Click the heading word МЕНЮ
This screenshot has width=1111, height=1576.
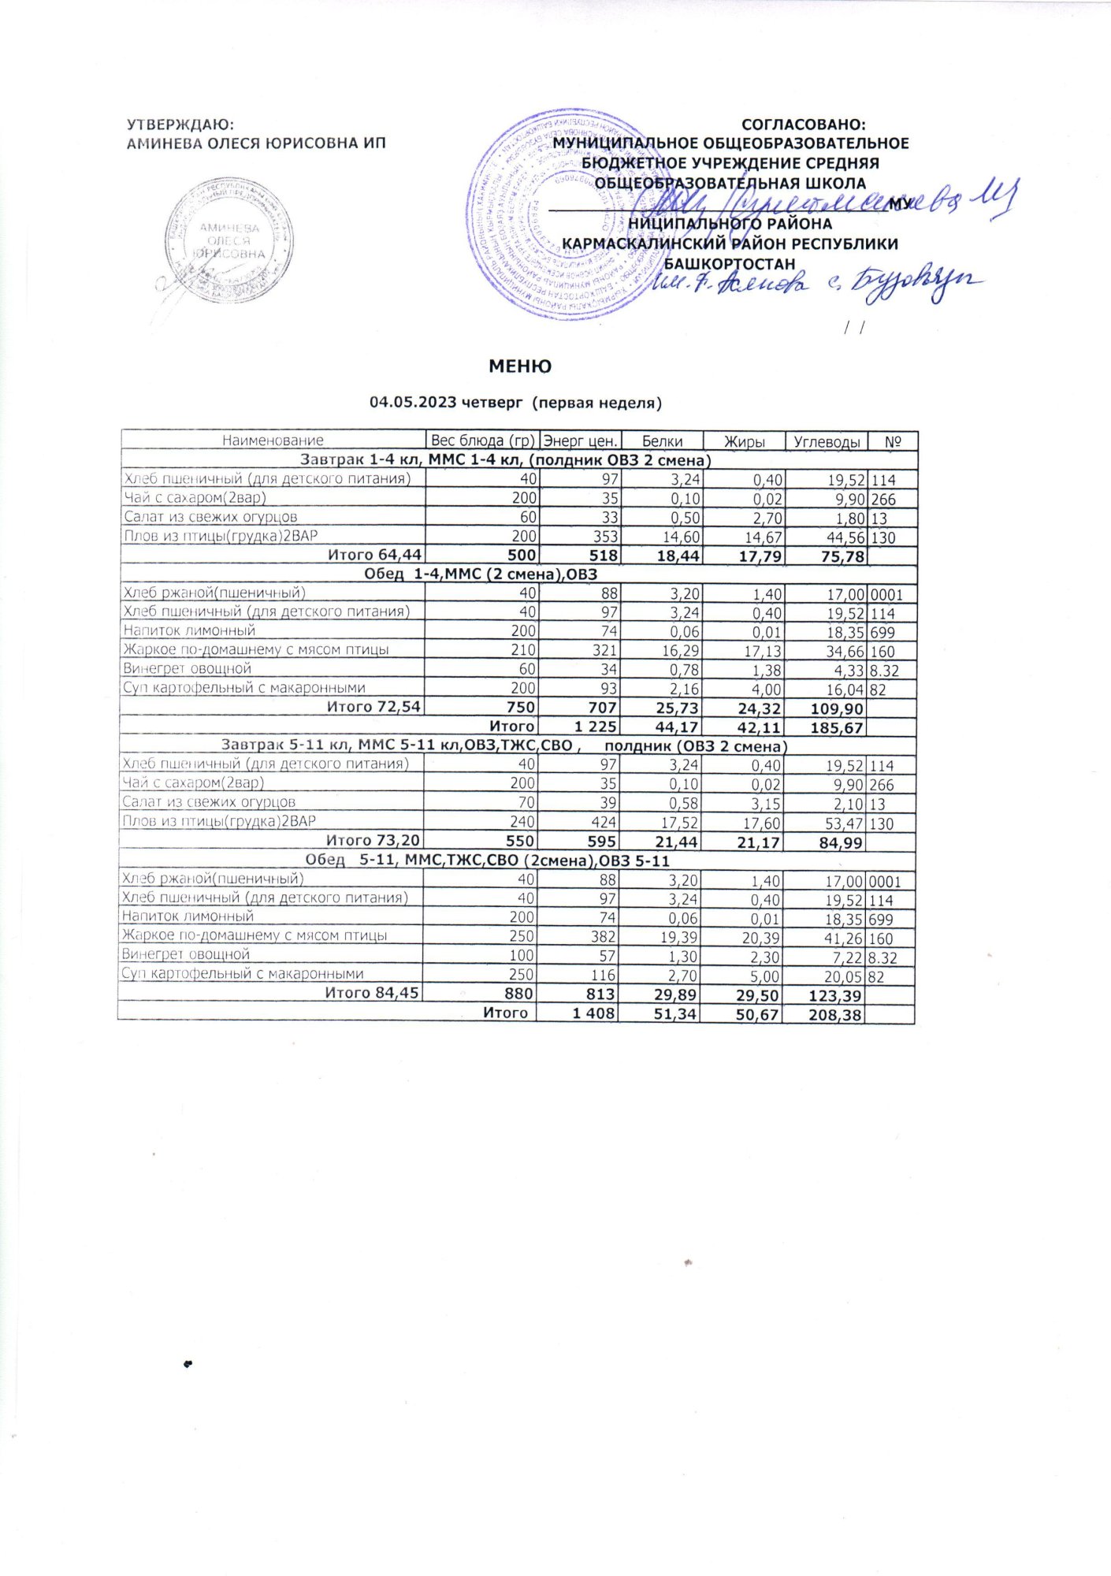[519, 366]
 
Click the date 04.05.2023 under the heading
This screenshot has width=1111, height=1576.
[414, 403]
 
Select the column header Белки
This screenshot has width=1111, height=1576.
[662, 441]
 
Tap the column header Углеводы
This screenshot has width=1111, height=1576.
[826, 441]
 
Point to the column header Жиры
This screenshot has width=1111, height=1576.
[744, 441]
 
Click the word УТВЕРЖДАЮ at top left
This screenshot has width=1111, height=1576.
[180, 125]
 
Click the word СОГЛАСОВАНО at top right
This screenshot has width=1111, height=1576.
[803, 125]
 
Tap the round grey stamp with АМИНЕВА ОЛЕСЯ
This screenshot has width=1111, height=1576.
[229, 241]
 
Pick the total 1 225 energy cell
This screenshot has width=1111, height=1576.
[590, 727]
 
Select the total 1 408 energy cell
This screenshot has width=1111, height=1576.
[589, 1013]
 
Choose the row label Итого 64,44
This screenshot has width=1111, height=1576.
[374, 555]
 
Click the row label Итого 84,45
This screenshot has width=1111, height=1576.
[372, 993]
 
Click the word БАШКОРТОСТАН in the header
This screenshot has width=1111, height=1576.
[730, 264]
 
